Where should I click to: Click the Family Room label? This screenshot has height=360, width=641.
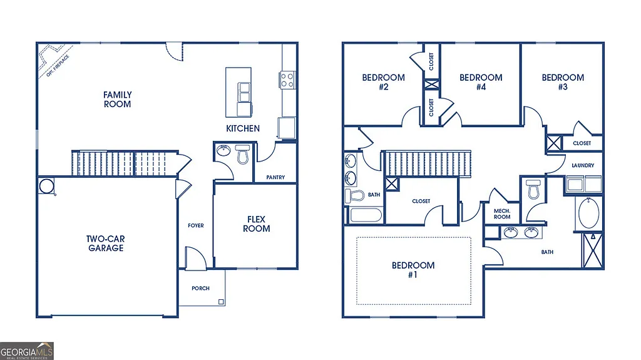118,100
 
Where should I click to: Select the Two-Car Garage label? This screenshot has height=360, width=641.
105,243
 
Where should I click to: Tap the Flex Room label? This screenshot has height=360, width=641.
257,224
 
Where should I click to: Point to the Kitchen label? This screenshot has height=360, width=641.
243,128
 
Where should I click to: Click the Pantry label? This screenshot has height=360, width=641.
275,177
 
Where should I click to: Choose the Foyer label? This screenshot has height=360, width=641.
196,225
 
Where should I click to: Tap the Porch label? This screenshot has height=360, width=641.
200,288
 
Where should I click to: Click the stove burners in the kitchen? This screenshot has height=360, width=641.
287,80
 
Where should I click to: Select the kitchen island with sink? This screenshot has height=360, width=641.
238,91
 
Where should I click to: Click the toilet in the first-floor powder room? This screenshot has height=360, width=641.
243,154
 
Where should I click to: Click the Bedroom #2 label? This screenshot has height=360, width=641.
383,83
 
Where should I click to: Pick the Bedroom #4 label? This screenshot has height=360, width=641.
481,83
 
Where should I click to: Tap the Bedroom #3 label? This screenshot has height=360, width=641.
563,82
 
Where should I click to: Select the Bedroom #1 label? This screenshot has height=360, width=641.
413,270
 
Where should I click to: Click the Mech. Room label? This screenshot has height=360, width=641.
502,214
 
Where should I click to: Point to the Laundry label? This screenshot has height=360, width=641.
583,165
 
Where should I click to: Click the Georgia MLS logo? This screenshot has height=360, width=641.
27,350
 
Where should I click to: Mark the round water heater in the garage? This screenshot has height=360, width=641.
46,186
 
